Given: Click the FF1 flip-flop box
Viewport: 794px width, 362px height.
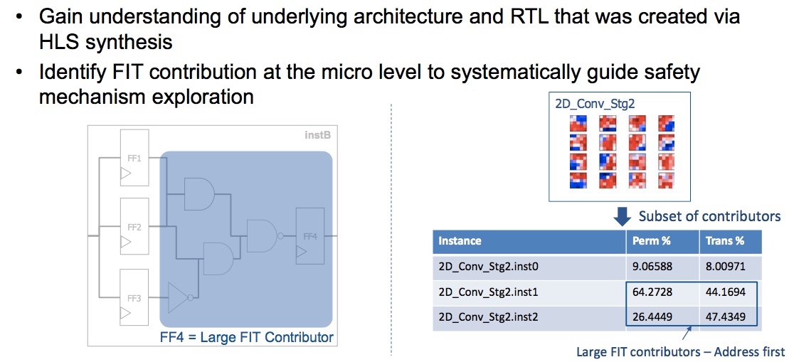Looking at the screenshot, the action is coord(134,158).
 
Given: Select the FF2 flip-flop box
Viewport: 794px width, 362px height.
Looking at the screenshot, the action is coord(134,227).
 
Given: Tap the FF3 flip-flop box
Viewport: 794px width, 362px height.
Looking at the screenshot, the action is coord(134,298).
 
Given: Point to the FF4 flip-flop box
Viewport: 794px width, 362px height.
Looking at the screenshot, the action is coord(310,236).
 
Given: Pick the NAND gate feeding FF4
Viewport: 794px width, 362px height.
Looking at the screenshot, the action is coord(263,236).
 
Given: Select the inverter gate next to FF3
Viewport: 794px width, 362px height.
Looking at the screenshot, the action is coord(180,298).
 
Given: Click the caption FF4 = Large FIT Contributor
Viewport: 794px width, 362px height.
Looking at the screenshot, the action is coord(247,336).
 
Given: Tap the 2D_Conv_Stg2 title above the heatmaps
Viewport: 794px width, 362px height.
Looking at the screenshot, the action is coord(595,104).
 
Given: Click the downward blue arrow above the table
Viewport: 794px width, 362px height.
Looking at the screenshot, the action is coord(623,217).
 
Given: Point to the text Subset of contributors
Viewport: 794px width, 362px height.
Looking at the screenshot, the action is coord(709,216).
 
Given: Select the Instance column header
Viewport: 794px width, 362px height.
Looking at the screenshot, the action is coord(460,241).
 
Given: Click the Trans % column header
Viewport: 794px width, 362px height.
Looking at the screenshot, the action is coord(725,241).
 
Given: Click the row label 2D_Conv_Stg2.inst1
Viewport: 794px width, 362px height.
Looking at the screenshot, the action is coord(488,292).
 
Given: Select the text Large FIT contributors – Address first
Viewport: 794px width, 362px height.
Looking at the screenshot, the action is coord(681,351).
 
